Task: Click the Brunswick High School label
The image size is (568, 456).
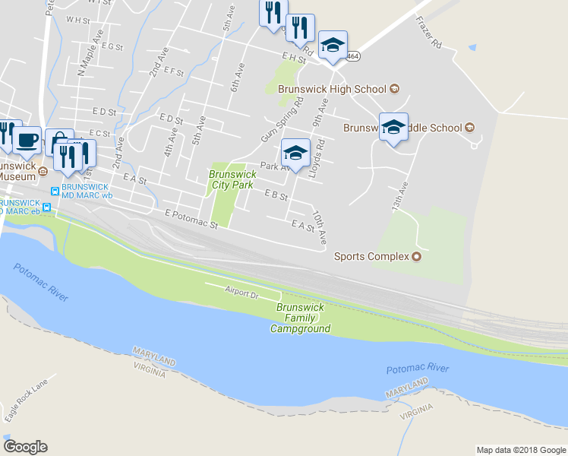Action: point(332,89)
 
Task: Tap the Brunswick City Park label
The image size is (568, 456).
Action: point(231,179)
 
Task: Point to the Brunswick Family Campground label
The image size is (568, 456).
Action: point(301,318)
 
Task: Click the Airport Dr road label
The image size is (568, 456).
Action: point(242,290)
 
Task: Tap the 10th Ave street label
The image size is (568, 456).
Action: point(320,227)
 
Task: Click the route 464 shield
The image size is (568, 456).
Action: point(352,56)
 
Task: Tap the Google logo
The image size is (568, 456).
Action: point(25,447)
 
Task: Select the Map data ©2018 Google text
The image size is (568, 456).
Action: point(521,450)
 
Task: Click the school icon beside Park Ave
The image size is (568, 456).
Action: point(295,153)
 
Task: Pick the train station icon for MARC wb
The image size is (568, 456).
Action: point(55,190)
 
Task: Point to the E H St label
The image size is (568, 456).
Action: point(292,57)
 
